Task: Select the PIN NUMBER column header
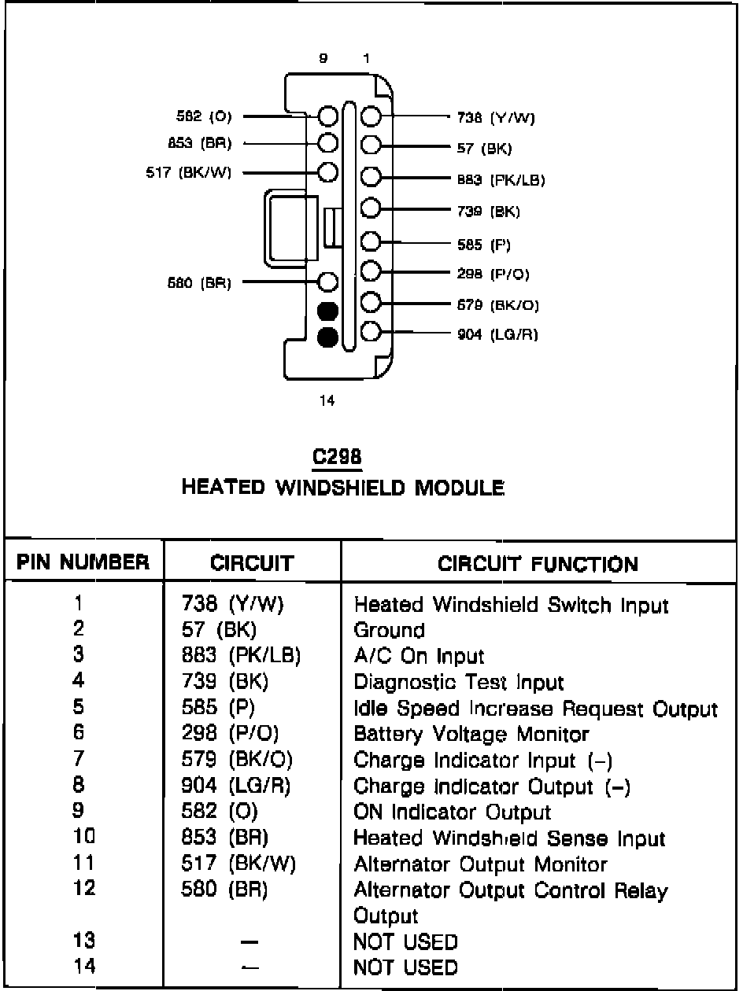coord(83,563)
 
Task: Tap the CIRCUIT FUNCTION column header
coord(538,564)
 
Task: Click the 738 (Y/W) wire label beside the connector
coord(496,118)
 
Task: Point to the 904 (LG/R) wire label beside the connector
coord(497,334)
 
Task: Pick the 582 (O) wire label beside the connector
coord(205,116)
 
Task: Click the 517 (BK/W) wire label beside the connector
coord(189,172)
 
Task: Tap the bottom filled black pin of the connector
coord(327,338)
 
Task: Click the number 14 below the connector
coord(327,401)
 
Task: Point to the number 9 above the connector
coord(323,58)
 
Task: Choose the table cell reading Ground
coord(390,631)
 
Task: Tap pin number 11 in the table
coord(83,863)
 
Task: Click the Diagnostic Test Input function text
coord(459,682)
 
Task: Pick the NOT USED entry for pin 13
coord(405,941)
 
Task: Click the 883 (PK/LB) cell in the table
coord(241,656)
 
